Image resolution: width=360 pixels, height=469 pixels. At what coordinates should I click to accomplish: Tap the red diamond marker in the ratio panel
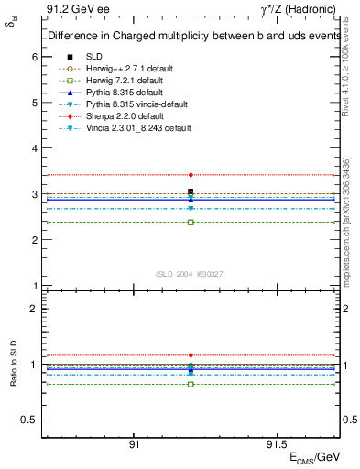click(x=191, y=354)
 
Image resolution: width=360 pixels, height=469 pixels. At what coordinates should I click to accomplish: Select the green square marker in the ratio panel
click(x=191, y=384)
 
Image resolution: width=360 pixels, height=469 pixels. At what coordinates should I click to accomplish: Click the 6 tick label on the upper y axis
click(x=35, y=57)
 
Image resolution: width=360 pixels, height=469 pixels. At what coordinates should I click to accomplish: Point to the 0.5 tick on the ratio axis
click(x=30, y=420)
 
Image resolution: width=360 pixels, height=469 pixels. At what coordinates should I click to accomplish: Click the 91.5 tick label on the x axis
click(x=276, y=443)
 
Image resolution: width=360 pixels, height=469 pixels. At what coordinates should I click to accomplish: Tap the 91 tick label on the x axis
click(x=134, y=443)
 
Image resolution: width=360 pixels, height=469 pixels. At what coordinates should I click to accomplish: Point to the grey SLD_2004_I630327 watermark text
click(x=191, y=274)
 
